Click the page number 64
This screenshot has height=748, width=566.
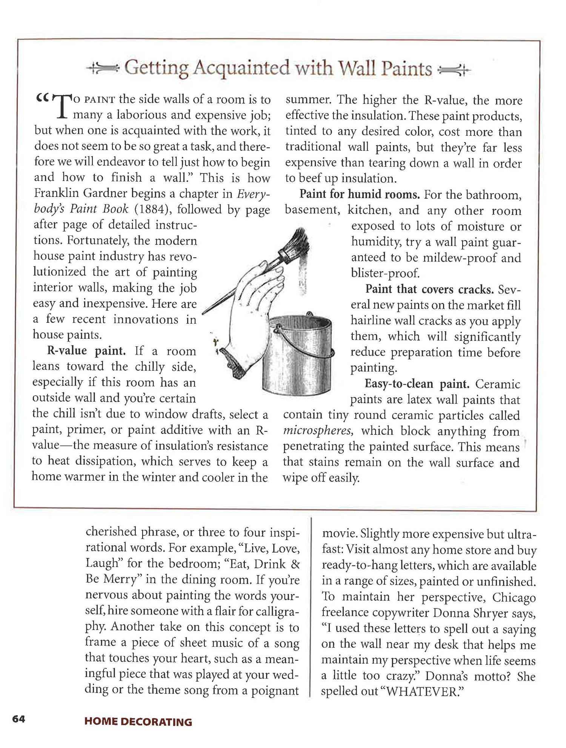(18, 719)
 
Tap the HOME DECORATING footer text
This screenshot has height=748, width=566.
(138, 722)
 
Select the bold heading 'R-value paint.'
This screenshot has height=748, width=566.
(86, 351)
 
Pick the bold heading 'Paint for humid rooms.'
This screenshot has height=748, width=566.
(359, 195)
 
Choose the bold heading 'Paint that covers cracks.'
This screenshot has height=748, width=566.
(429, 289)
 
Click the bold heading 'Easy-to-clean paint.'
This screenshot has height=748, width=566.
(417, 384)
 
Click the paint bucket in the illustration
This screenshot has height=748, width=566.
(298, 355)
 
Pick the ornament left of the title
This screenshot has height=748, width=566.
(103, 68)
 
